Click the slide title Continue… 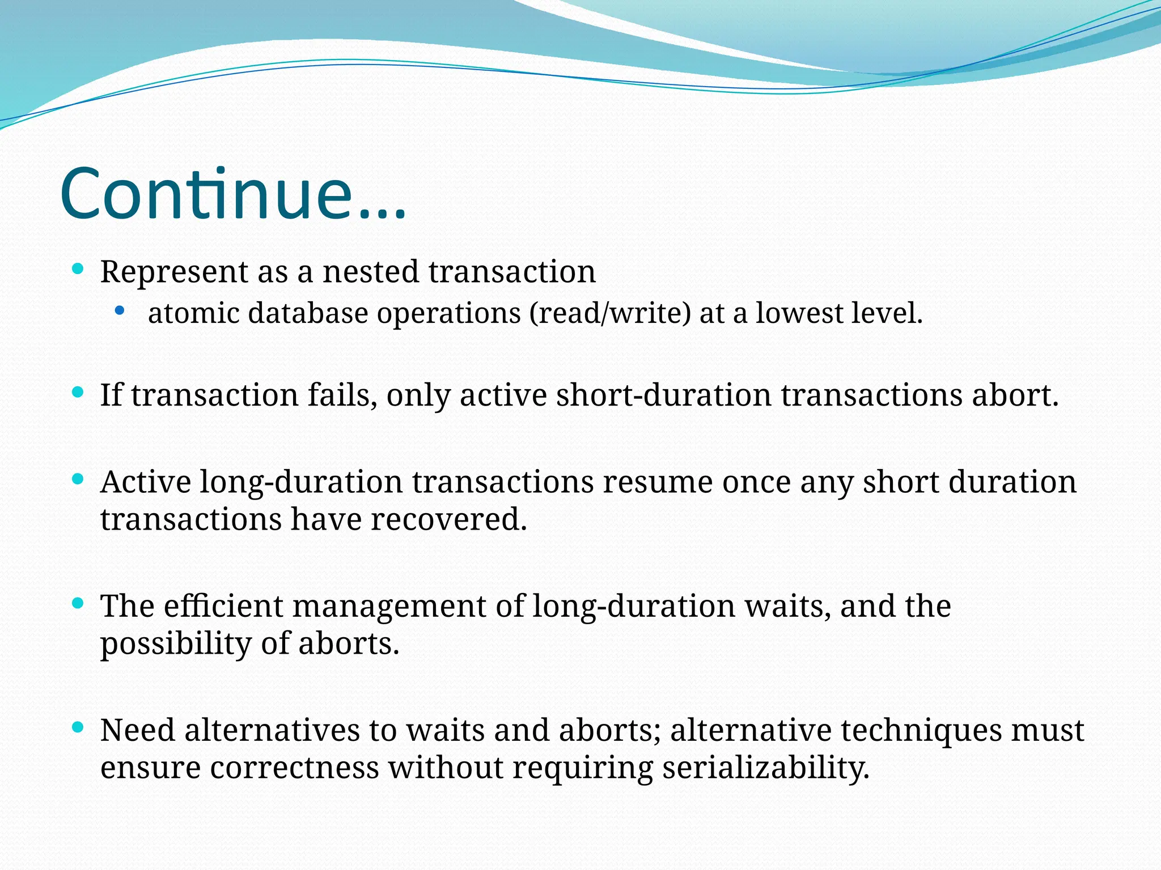pyautogui.click(x=232, y=194)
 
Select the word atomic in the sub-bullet pyautogui.click(x=193, y=313)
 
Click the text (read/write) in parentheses pyautogui.click(x=610, y=313)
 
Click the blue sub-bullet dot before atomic pyautogui.click(x=119, y=310)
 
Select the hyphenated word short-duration pyautogui.click(x=663, y=395)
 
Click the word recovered pyautogui.click(x=448, y=519)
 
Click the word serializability pyautogui.click(x=765, y=769)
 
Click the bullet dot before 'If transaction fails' pyautogui.click(x=78, y=392)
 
